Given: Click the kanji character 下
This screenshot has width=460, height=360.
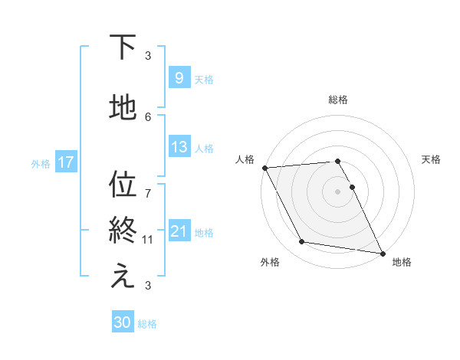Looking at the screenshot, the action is (x=123, y=47).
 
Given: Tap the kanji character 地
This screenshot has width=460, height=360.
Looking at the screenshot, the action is (x=123, y=108).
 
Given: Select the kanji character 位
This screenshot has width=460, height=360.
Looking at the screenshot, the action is (x=123, y=185).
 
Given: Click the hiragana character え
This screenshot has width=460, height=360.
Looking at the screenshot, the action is (x=123, y=277).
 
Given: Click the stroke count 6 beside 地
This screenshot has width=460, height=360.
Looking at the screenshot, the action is (x=148, y=116).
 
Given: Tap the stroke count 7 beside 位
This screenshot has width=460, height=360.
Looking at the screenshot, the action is (x=148, y=185).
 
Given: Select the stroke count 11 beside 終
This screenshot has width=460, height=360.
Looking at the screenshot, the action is (x=148, y=240).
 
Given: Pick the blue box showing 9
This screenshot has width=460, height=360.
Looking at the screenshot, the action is (x=179, y=77).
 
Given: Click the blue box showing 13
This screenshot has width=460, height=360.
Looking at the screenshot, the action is (x=179, y=147).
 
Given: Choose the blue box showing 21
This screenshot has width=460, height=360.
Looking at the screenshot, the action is (x=179, y=231).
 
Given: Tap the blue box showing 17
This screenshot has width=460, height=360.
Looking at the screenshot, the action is (x=65, y=162).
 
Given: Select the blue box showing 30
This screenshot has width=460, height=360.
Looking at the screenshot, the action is (x=123, y=322).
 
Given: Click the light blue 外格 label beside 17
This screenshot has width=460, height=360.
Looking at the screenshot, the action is (x=41, y=163).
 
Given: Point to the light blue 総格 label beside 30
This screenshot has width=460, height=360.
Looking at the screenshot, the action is (x=147, y=324).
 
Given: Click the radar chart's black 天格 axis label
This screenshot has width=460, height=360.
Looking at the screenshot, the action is (x=431, y=159).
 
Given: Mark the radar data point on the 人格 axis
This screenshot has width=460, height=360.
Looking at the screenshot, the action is (x=264, y=168).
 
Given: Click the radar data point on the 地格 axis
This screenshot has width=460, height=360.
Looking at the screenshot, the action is (x=382, y=253).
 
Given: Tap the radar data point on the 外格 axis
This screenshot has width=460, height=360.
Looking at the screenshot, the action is (x=302, y=242).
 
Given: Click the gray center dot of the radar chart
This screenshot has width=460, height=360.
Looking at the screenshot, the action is (x=337, y=191).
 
